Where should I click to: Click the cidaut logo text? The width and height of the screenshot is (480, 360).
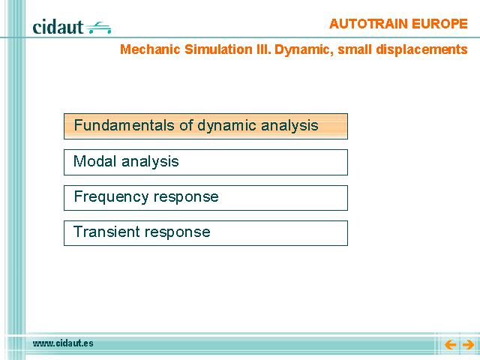click(x=58, y=27)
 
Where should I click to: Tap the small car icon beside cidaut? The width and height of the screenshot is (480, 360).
click(x=98, y=28)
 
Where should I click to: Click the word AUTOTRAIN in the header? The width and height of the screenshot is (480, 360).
click(x=368, y=24)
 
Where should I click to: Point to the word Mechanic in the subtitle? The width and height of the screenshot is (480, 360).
click(x=150, y=49)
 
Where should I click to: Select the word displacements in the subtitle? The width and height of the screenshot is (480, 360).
click(x=421, y=50)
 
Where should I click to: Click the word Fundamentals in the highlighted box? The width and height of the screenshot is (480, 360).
click(x=125, y=125)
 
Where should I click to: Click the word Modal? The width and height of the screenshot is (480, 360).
click(x=95, y=161)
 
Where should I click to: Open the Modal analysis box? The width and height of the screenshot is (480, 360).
click(x=205, y=162)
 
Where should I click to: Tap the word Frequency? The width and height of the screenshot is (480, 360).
click(x=112, y=197)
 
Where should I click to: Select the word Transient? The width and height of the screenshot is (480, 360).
click(x=106, y=232)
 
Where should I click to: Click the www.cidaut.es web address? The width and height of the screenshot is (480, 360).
click(x=63, y=343)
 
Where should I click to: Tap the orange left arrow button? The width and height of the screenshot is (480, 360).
click(x=450, y=345)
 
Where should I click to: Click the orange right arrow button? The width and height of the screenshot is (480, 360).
click(x=468, y=345)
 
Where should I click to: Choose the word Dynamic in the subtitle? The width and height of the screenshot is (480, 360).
click(x=304, y=50)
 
